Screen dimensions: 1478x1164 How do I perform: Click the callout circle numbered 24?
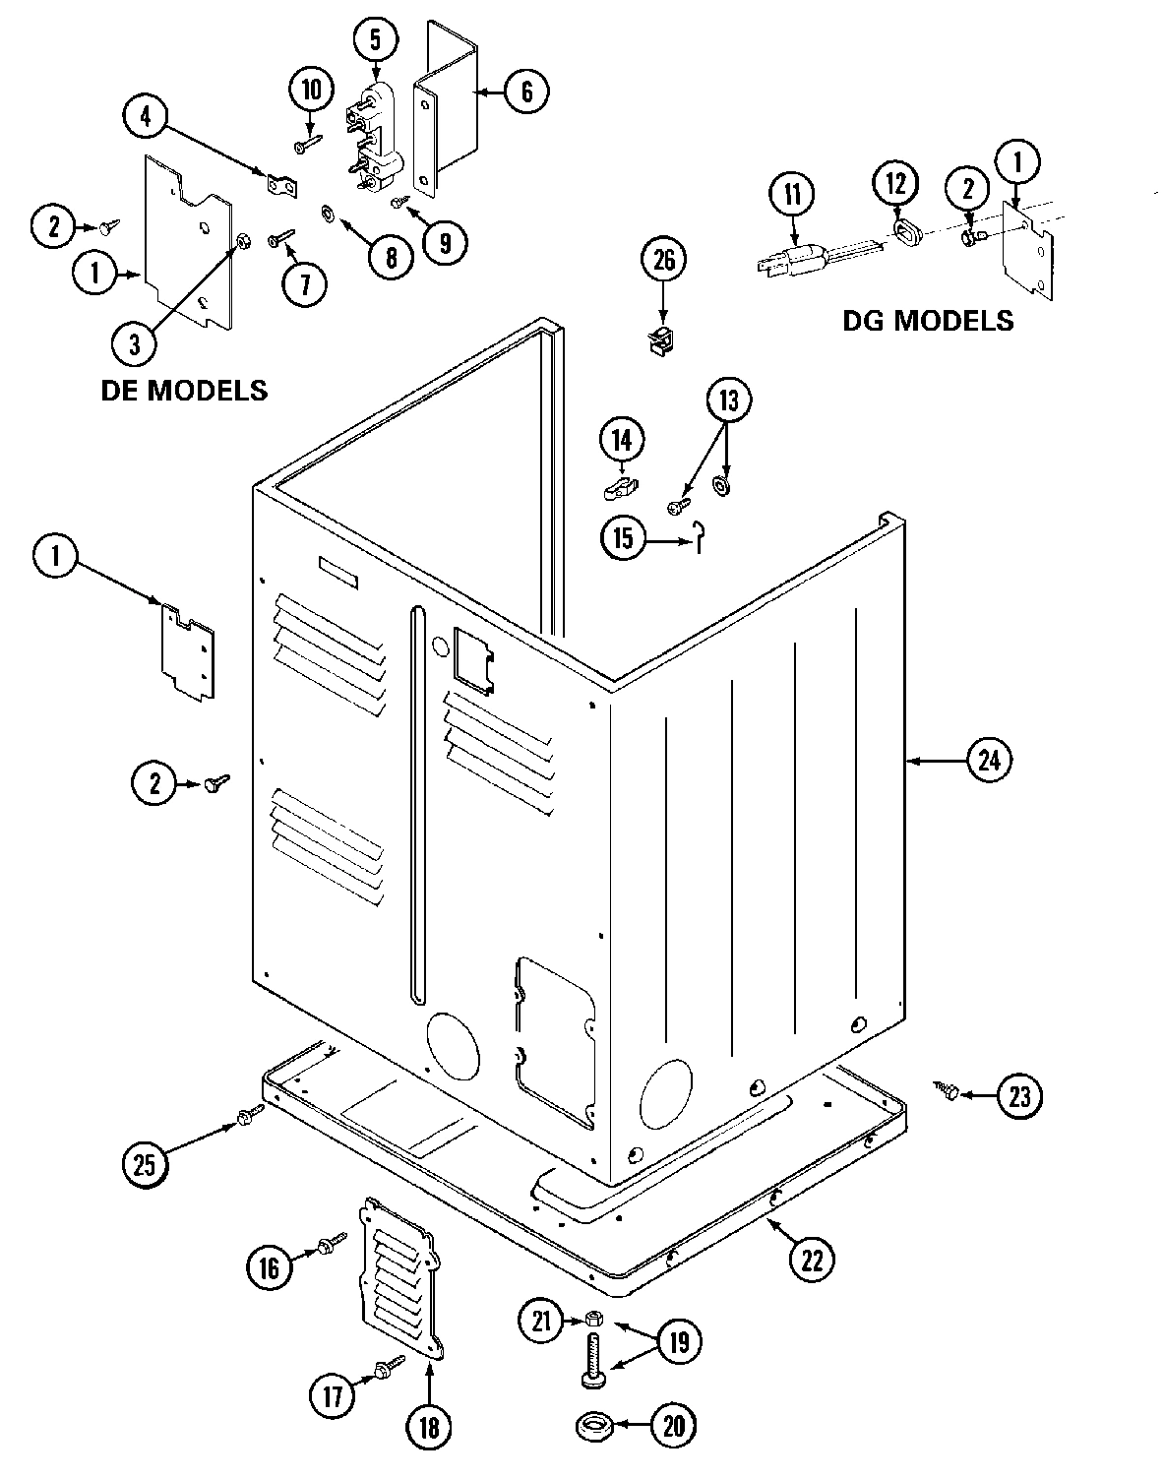pyautogui.click(x=989, y=760)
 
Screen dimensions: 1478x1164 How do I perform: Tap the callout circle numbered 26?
pyautogui.click(x=665, y=261)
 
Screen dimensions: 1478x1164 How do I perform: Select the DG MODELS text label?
pyautogui.click(x=928, y=320)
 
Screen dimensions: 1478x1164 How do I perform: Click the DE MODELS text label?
pyautogui.click(x=184, y=390)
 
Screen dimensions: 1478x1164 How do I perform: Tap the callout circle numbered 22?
pyautogui.click(x=810, y=1259)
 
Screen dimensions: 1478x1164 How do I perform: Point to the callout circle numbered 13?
pyautogui.click(x=727, y=400)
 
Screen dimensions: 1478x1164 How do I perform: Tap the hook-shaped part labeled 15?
pyautogui.click(x=698, y=535)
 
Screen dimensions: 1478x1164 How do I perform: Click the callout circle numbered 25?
pyautogui.click(x=146, y=1164)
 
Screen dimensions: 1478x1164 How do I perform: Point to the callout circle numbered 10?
pyautogui.click(x=311, y=91)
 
